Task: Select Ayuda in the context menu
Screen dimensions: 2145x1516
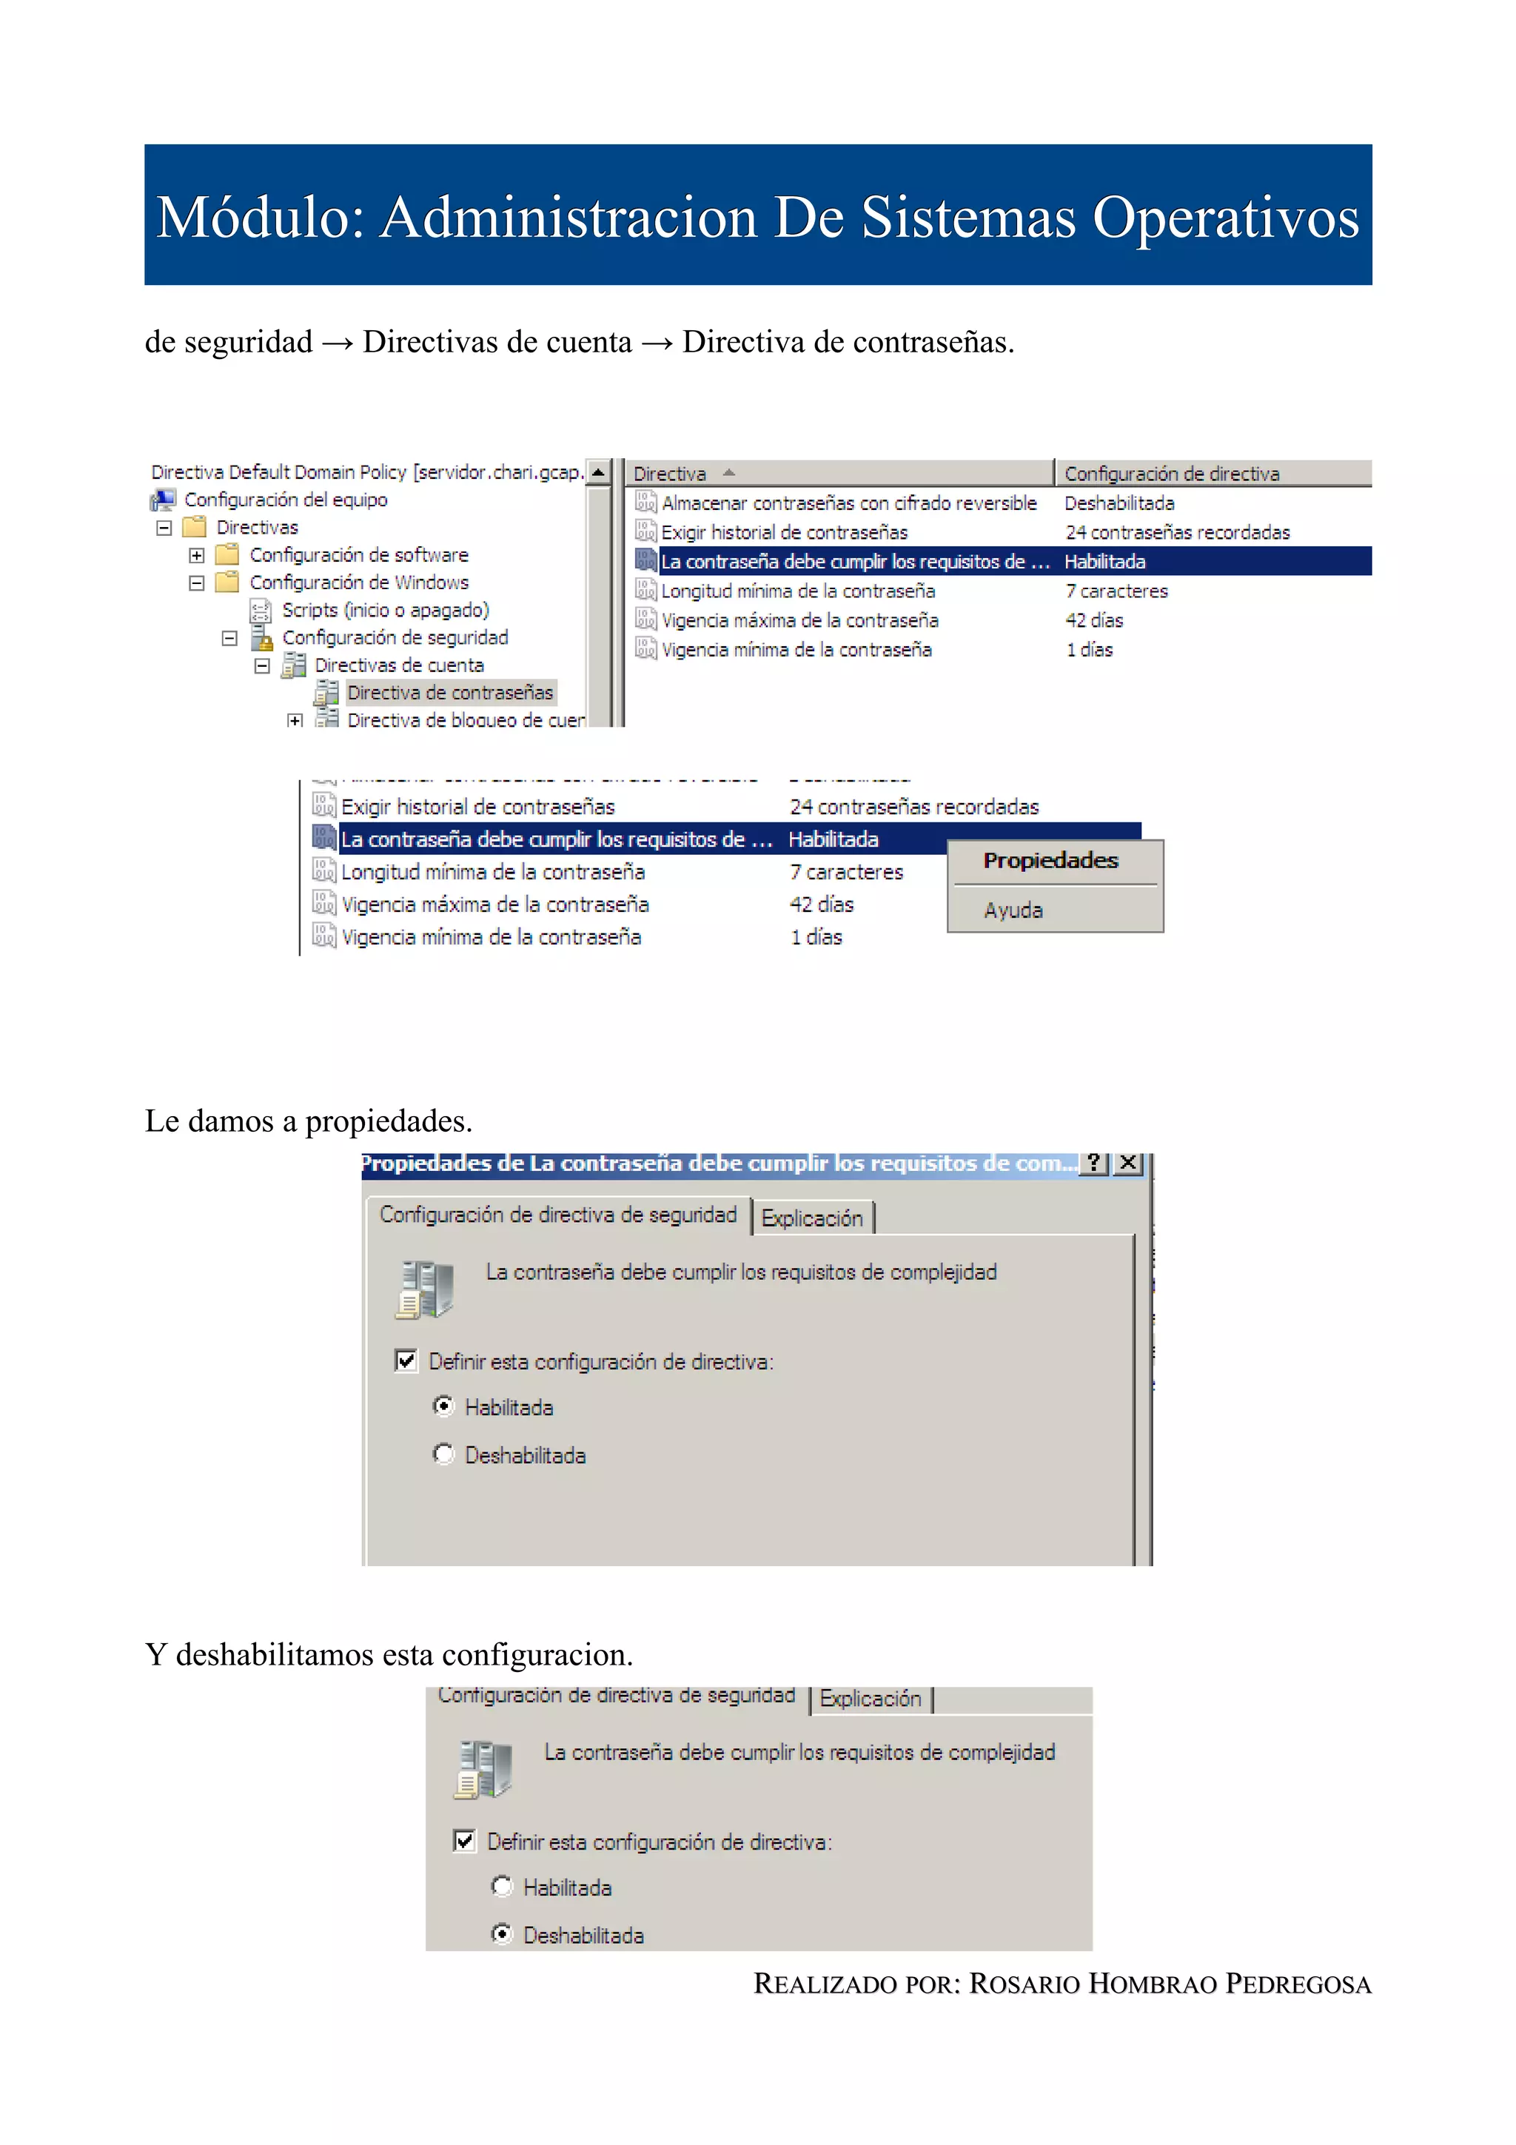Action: click(x=1013, y=910)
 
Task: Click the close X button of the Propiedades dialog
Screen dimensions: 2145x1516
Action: click(x=1127, y=1163)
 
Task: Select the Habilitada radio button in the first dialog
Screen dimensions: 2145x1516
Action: click(x=443, y=1406)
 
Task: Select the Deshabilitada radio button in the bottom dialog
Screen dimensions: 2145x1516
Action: click(x=503, y=1934)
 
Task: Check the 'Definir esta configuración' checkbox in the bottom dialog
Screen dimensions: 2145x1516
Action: click(x=464, y=1841)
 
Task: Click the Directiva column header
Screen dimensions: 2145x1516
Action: click(x=670, y=474)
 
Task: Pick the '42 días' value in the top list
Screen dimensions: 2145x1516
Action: click(x=1094, y=620)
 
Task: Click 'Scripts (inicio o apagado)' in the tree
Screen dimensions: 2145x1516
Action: click(x=385, y=610)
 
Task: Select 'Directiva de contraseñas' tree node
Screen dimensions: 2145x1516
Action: click(x=449, y=692)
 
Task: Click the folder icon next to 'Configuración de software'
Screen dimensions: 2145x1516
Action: click(x=227, y=555)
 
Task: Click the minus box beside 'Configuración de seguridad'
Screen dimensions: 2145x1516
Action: click(x=229, y=638)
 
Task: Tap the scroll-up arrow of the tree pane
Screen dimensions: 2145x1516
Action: click(x=598, y=473)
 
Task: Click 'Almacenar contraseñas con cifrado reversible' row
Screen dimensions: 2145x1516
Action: click(x=848, y=503)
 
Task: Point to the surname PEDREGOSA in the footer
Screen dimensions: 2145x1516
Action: click(x=1298, y=1984)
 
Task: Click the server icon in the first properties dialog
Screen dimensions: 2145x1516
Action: click(x=425, y=1289)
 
